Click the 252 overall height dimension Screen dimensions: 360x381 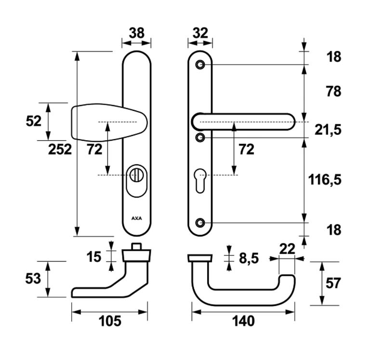click(x=60, y=149)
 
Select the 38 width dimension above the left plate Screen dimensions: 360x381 click(x=136, y=33)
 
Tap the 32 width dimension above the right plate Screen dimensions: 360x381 click(x=199, y=33)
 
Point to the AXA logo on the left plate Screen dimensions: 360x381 click(x=137, y=218)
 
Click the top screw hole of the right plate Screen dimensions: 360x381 click(x=200, y=65)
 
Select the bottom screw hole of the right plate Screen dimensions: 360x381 click(x=200, y=223)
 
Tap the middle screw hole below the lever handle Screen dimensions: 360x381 click(x=200, y=138)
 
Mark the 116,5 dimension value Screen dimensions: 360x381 click(x=324, y=180)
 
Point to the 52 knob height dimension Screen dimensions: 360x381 click(x=34, y=121)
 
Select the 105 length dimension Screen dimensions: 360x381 click(x=109, y=321)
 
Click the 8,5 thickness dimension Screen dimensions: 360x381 click(x=249, y=258)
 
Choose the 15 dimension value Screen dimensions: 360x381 click(x=94, y=256)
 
